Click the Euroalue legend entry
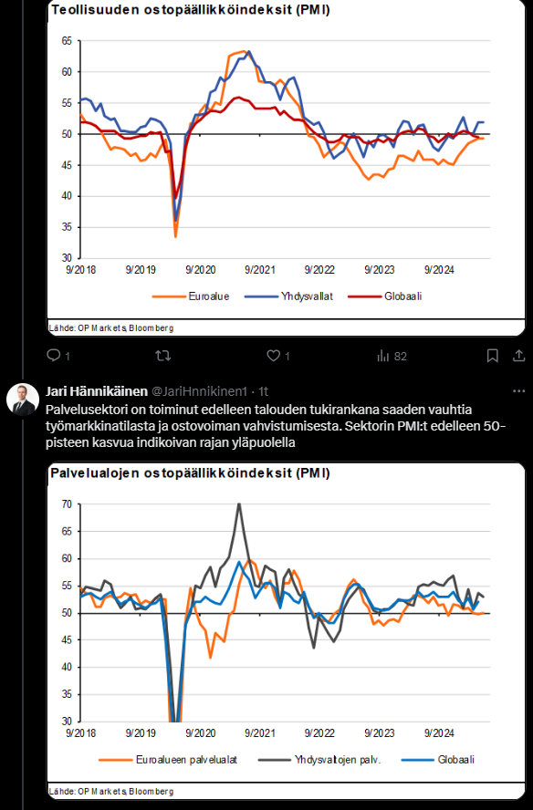(x=190, y=296)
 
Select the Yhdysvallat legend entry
(x=288, y=296)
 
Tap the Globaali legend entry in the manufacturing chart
(x=385, y=296)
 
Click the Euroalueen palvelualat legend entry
(x=168, y=760)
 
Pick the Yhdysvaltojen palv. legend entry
(x=319, y=760)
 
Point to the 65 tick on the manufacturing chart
(x=67, y=41)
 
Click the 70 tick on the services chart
(x=67, y=504)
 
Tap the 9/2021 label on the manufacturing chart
(x=260, y=270)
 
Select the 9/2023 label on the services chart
(x=380, y=733)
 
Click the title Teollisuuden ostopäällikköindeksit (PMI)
(x=190, y=10)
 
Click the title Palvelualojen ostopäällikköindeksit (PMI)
(x=190, y=473)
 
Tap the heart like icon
(x=273, y=356)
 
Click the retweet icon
(x=163, y=356)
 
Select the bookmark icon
(x=493, y=356)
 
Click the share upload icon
(x=519, y=356)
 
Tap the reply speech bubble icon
(x=54, y=356)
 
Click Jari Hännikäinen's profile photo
(x=23, y=400)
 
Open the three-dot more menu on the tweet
(x=519, y=391)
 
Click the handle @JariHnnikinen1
(x=199, y=391)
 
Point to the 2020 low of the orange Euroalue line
(x=176, y=236)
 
